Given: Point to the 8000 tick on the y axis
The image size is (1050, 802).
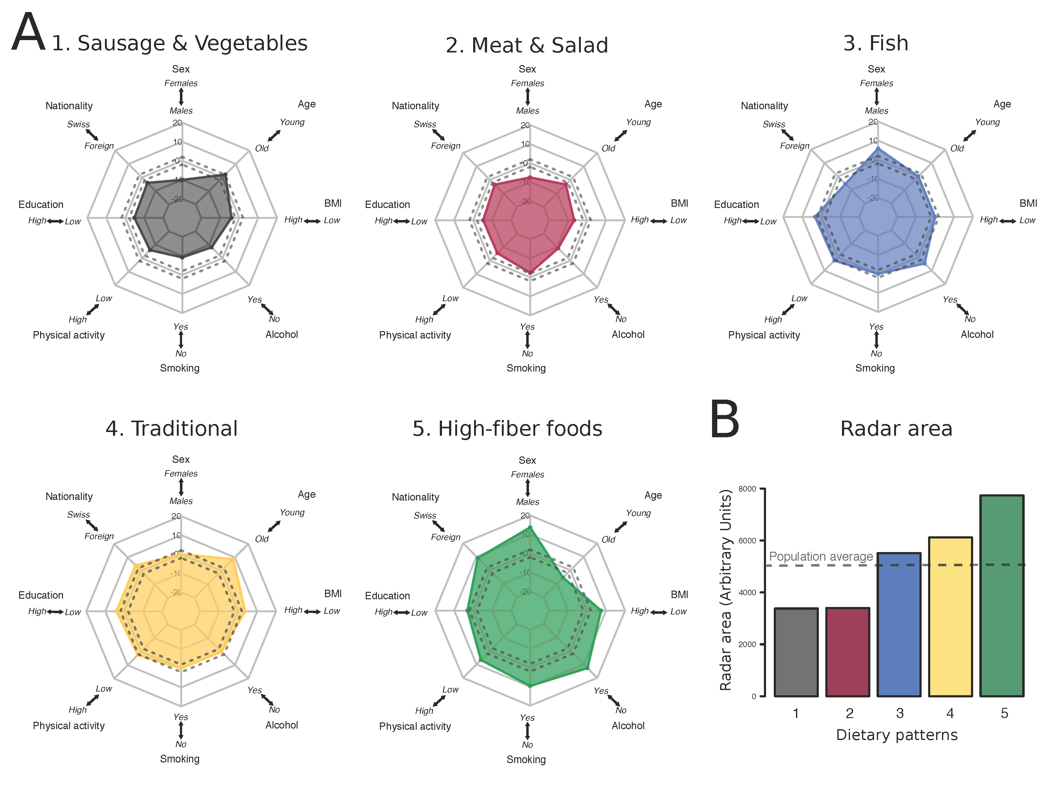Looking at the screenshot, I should (747, 489).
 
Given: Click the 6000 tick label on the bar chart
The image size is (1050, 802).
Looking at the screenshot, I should (747, 540).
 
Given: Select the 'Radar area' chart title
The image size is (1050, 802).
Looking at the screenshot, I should (896, 428).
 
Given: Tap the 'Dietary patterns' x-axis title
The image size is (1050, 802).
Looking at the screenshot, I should (896, 735).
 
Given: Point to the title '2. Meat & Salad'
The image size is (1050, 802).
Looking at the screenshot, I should (527, 45).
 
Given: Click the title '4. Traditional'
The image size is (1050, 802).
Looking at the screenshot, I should (171, 428).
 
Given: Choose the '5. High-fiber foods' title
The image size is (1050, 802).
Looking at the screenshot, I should (507, 428).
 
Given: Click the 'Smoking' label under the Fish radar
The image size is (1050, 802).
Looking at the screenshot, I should (875, 368).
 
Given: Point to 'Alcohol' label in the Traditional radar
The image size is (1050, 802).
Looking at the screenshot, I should (281, 725).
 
